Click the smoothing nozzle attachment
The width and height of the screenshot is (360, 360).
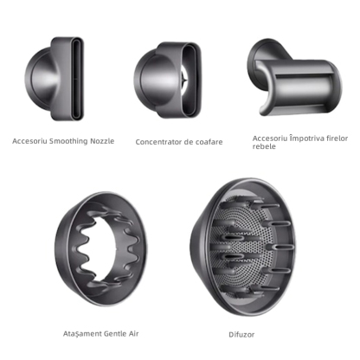(x=55, y=79)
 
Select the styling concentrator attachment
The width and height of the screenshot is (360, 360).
(x=167, y=80)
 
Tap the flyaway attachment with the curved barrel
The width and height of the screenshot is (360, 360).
(x=293, y=77)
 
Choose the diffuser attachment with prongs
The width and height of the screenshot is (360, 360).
(x=243, y=247)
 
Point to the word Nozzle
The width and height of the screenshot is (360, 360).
(x=102, y=141)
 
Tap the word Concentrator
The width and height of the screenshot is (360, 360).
(x=158, y=142)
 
